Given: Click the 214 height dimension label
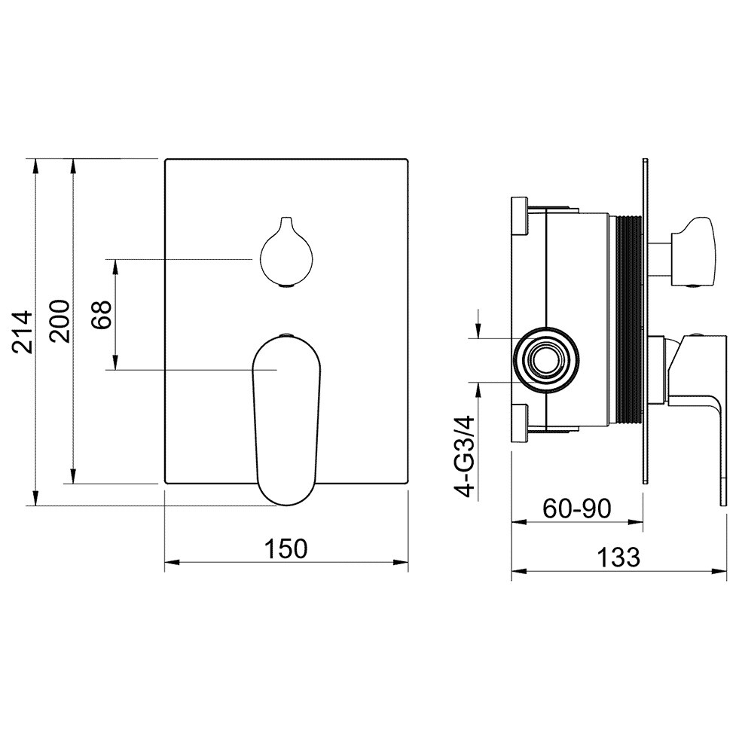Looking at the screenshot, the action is [22, 331].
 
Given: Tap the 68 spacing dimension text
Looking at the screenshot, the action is [102, 314].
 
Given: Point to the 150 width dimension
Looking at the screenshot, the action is [286, 548].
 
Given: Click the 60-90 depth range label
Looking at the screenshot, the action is [577, 508].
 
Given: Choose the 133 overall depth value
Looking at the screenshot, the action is [618, 557].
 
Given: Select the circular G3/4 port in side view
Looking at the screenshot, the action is [547, 359].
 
